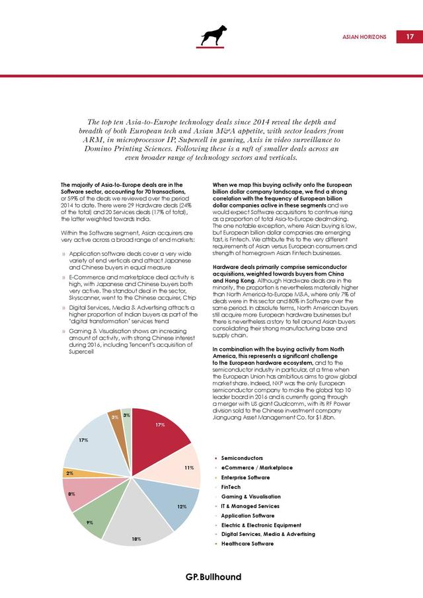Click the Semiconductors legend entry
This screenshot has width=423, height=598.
click(x=243, y=458)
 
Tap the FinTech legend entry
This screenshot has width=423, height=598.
click(x=231, y=487)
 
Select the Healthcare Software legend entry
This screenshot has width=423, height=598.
click(x=247, y=544)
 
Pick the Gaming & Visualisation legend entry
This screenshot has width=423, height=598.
click(x=250, y=496)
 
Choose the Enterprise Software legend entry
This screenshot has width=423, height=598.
click(x=245, y=477)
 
